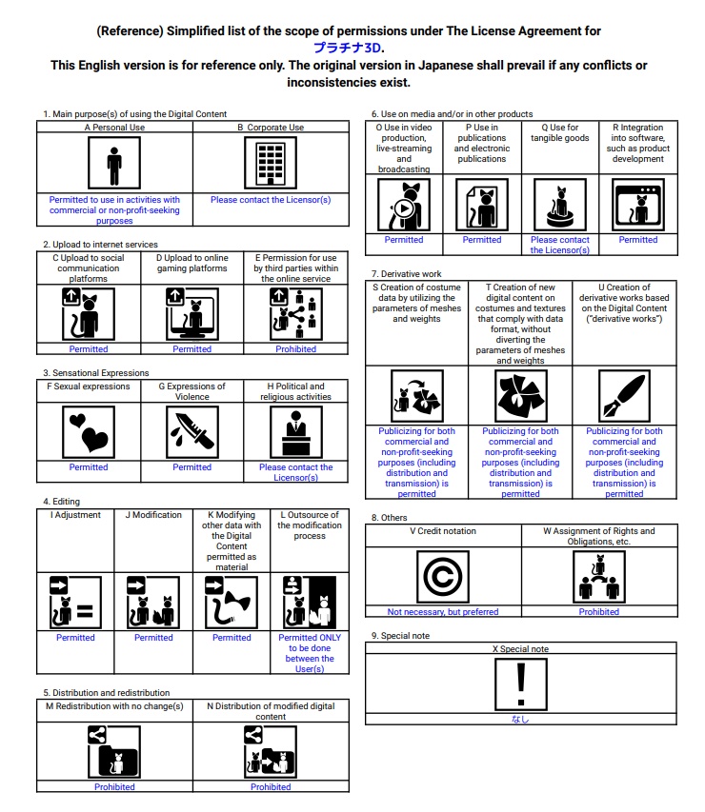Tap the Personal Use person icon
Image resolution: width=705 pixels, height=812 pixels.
(114, 165)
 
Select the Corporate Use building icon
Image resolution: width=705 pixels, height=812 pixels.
(271, 164)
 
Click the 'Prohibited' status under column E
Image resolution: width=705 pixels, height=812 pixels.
(295, 349)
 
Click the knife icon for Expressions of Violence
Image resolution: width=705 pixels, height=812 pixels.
(192, 433)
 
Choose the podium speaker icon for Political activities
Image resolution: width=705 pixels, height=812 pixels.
(296, 433)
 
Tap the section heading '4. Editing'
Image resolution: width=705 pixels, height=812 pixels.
(62, 502)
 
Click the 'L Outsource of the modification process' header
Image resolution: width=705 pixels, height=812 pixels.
(309, 525)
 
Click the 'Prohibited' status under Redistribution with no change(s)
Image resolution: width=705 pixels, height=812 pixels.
(114, 787)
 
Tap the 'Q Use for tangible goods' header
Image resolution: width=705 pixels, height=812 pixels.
(560, 133)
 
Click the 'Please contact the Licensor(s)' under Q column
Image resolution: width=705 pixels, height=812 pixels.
(560, 245)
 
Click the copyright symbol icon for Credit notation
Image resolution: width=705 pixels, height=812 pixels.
(443, 577)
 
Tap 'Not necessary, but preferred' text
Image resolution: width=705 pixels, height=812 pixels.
(443, 612)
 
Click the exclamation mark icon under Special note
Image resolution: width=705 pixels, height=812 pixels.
(520, 685)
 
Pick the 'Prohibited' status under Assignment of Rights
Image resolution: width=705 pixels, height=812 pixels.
(599, 612)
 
